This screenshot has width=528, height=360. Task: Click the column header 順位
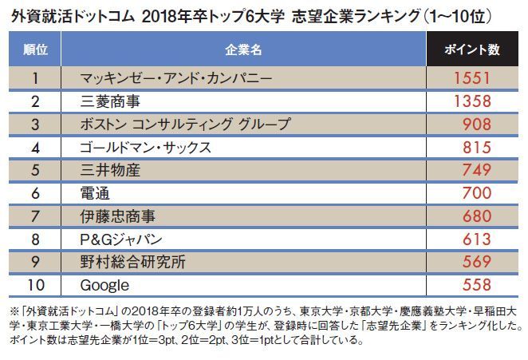coord(35,49)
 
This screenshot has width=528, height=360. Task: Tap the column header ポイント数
coord(473,49)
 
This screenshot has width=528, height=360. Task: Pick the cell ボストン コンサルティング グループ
coord(185,125)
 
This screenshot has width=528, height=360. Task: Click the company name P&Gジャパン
coord(122,239)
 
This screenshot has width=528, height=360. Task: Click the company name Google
coord(104,285)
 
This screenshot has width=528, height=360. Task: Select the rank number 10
coord(34,285)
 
